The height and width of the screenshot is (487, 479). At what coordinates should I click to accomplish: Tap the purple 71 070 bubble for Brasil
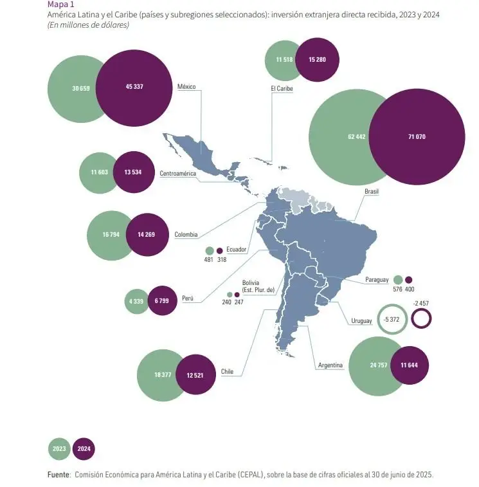tap(417, 136)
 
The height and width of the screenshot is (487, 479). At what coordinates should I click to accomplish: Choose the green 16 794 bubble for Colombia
tap(111, 235)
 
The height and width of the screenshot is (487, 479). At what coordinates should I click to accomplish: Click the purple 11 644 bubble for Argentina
tap(409, 365)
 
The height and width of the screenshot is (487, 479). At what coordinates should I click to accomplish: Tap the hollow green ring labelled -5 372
tap(392, 319)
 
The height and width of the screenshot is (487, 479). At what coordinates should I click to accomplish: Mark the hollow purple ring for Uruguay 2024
tap(421, 318)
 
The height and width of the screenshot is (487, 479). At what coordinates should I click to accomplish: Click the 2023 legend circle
tap(60, 448)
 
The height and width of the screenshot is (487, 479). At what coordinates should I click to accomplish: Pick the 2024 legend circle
tap(84, 448)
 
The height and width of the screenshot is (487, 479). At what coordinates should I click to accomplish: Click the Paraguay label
tap(377, 280)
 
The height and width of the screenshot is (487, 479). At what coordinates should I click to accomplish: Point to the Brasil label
tap(372, 192)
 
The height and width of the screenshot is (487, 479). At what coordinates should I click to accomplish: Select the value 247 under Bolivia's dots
tap(239, 302)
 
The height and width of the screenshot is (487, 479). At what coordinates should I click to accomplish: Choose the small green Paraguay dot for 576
tap(398, 280)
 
